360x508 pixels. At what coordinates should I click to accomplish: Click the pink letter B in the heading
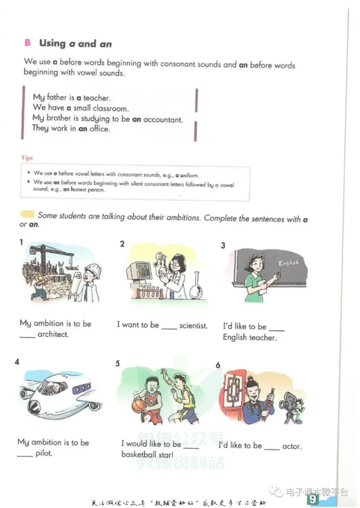[27, 42]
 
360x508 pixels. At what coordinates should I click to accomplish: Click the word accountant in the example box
[163, 120]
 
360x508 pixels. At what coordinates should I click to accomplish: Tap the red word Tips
[27, 158]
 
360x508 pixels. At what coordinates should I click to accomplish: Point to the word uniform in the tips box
[189, 175]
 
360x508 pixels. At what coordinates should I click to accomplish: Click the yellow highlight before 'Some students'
[27, 214]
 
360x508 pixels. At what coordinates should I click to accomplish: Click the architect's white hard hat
[93, 268]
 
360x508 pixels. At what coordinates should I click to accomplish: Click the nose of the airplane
[34, 406]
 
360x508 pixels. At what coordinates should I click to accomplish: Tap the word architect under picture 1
[53, 334]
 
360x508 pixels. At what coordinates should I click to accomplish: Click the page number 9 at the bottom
[313, 499]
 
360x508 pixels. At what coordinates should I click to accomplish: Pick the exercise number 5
[117, 364]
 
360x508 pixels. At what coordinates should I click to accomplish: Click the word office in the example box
[99, 129]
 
